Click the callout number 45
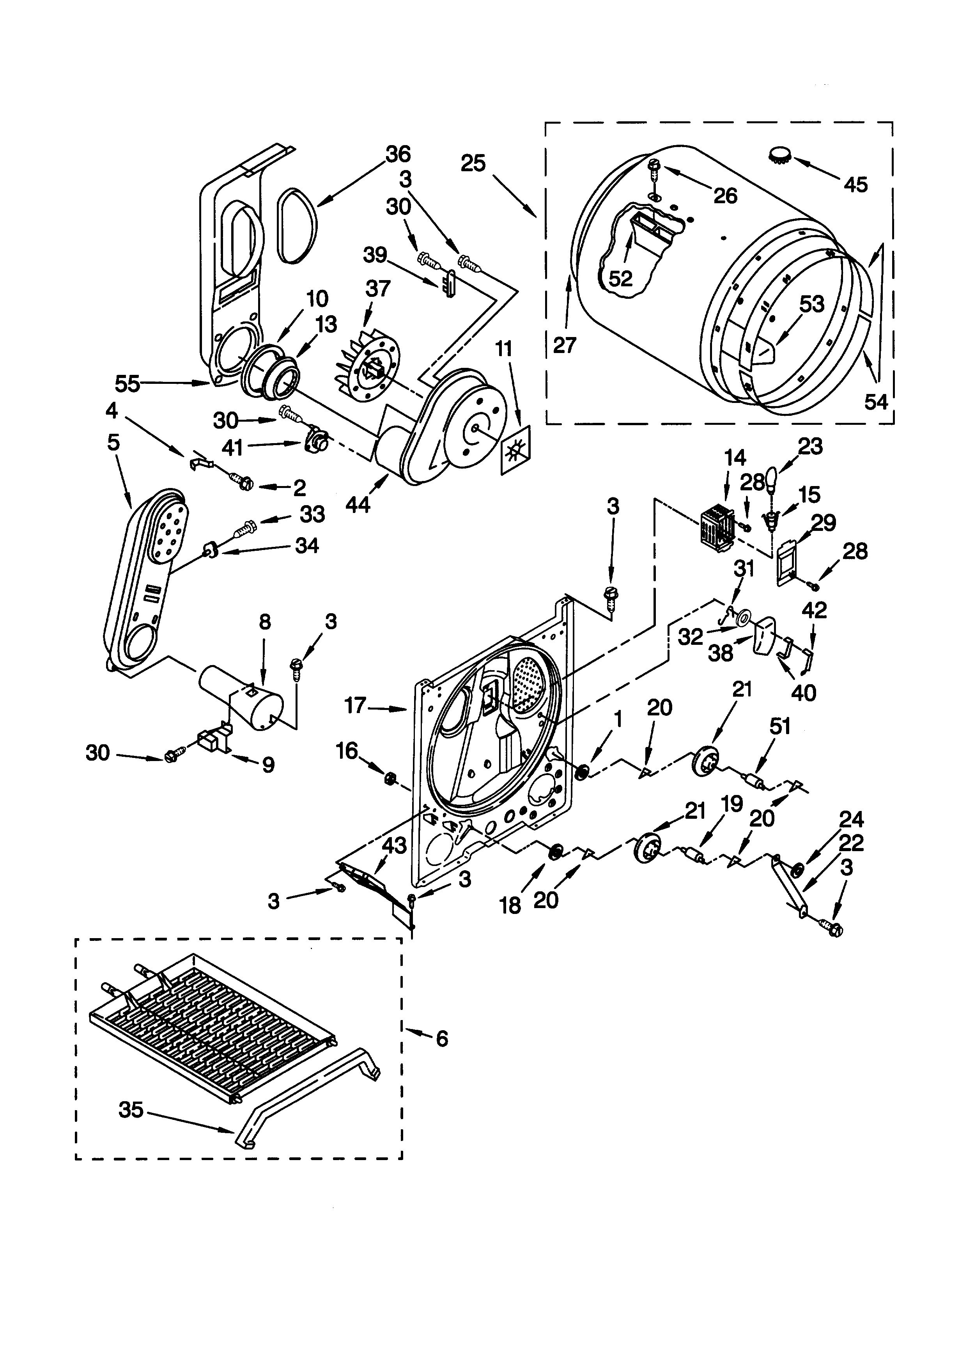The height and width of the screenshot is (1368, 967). [x=855, y=185]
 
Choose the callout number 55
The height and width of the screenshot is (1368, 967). [x=128, y=384]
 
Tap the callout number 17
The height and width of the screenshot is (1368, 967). [x=356, y=706]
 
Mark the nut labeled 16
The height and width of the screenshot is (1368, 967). [x=391, y=777]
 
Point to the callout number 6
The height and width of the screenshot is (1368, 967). [x=442, y=1039]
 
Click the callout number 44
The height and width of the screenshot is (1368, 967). [x=358, y=505]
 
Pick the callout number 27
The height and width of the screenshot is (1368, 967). [x=565, y=345]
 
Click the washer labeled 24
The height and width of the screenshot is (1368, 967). [x=797, y=872]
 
